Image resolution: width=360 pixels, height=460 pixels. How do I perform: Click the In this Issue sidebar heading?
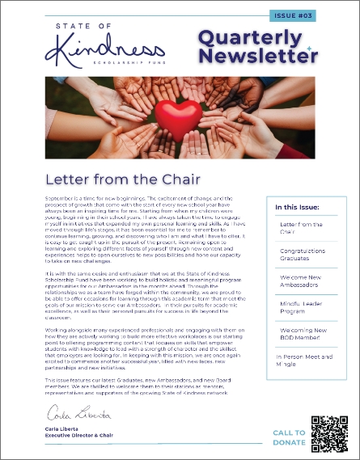point(297,208)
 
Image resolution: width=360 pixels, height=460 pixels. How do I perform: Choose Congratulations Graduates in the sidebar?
point(302,255)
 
